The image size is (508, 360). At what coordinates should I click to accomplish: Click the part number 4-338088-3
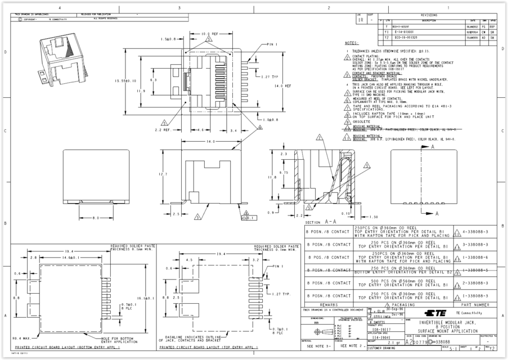click(475, 231)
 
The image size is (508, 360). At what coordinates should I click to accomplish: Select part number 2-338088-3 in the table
click(475, 283)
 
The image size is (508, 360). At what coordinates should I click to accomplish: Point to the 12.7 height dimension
click(163, 174)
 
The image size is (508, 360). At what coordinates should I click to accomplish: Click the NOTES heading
click(351, 43)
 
